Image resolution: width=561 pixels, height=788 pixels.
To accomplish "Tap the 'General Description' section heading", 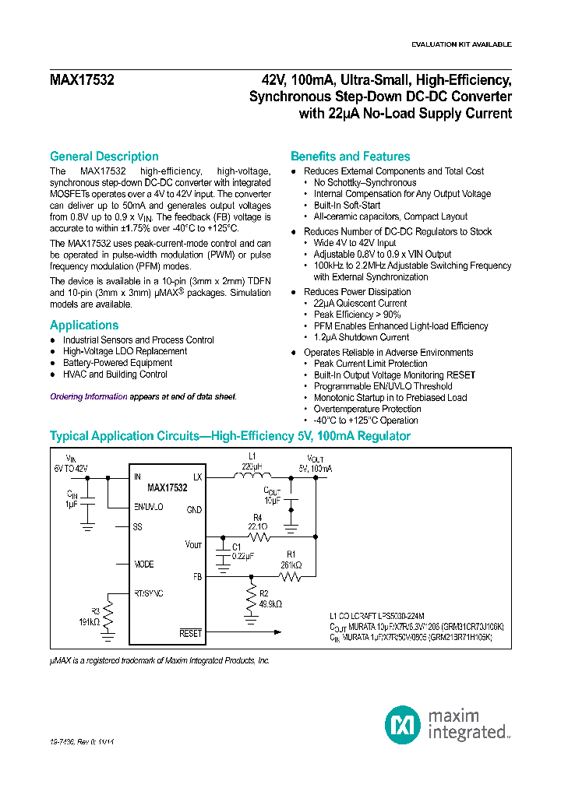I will (104, 157).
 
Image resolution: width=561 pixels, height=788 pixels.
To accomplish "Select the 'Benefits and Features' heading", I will (350, 157).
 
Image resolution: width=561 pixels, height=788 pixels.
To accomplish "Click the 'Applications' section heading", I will (84, 325).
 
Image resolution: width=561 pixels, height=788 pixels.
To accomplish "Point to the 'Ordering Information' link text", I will (88, 396).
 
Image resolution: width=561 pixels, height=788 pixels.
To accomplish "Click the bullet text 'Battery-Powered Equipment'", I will (118, 363).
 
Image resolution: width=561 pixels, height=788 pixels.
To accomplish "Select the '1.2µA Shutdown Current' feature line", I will (361, 337).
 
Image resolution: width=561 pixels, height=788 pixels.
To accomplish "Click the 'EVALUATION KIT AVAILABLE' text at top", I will (461, 44).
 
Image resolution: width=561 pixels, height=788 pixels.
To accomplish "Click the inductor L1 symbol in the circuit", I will (252, 477).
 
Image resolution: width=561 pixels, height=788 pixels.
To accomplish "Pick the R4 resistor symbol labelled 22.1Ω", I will (258, 536).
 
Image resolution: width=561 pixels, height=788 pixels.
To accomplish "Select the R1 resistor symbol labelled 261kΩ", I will (291, 578).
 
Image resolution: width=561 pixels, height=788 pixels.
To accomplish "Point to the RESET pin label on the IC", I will (190, 634).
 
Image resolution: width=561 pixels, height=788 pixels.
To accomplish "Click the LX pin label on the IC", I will (197, 477).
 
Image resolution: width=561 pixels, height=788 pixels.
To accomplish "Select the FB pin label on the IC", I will (197, 578).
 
